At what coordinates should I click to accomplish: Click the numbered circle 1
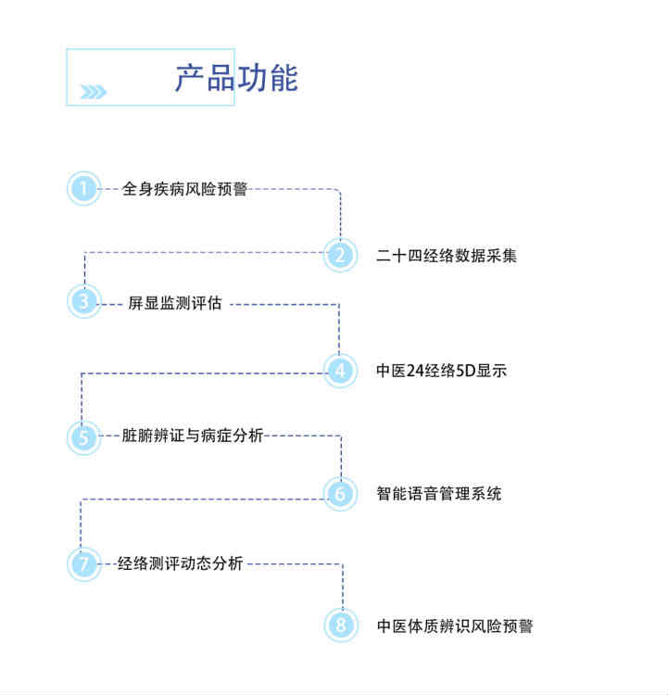pyautogui.click(x=83, y=189)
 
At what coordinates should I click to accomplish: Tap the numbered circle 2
pyautogui.click(x=340, y=255)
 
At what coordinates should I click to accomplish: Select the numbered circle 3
pyautogui.click(x=83, y=301)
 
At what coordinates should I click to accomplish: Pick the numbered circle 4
pyautogui.click(x=340, y=371)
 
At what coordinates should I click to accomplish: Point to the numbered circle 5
pyautogui.click(x=83, y=437)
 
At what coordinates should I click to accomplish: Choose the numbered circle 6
pyautogui.click(x=340, y=493)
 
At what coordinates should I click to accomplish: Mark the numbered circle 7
pyautogui.click(x=83, y=563)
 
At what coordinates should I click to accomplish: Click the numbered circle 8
pyautogui.click(x=340, y=625)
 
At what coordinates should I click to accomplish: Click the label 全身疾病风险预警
pyautogui.click(x=184, y=189)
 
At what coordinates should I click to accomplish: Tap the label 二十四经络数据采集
pyautogui.click(x=447, y=256)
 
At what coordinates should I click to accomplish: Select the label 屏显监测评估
pyautogui.click(x=175, y=303)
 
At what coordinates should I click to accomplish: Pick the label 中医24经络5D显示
pyautogui.click(x=441, y=371)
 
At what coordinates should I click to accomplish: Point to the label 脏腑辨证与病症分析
pyautogui.click(x=193, y=436)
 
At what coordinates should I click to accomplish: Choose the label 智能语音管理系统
pyautogui.click(x=439, y=493)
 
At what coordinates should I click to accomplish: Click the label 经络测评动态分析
pyautogui.click(x=181, y=563)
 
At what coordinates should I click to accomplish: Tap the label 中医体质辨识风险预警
pyautogui.click(x=455, y=625)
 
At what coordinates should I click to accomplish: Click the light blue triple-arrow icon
pyautogui.click(x=94, y=92)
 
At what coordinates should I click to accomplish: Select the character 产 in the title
pyautogui.click(x=190, y=78)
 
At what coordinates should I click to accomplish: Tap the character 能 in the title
pyautogui.click(x=284, y=78)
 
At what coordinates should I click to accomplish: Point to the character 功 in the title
pyautogui.click(x=252, y=78)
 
